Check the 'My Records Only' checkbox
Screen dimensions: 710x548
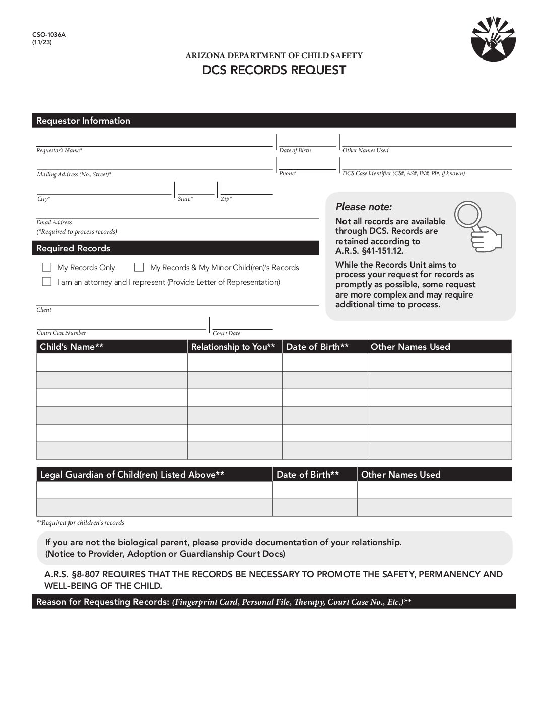pos(47,267)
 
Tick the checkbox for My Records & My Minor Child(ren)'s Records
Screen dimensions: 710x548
pos(139,267)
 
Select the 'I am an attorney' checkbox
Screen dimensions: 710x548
pos(47,282)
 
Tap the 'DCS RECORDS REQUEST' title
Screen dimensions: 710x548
pos(274,70)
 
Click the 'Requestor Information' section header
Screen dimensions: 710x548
pos(83,121)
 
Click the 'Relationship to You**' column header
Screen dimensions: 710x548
pos(233,347)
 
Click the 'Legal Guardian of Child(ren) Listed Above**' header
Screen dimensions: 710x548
pos(132,475)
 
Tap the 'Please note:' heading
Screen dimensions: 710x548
pos(364,207)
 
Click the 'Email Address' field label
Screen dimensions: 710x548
pos(54,222)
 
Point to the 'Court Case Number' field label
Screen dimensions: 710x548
pos(61,333)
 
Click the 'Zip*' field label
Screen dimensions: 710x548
pos(226,199)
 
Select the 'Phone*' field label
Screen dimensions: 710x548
pos(288,173)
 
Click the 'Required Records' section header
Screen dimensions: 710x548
pos(73,248)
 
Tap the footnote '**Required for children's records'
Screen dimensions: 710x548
pos(80,523)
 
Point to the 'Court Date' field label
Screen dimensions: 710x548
pos(226,333)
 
